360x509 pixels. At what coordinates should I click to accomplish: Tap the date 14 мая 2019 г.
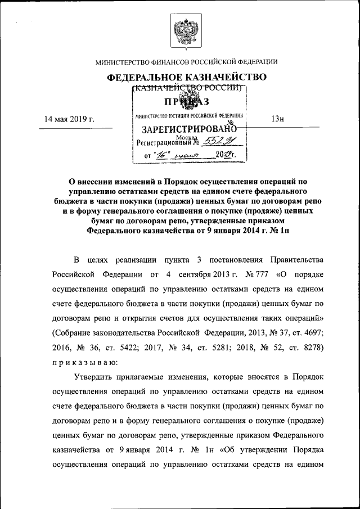tap(69, 119)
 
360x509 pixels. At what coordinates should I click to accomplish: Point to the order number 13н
tap(277, 119)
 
